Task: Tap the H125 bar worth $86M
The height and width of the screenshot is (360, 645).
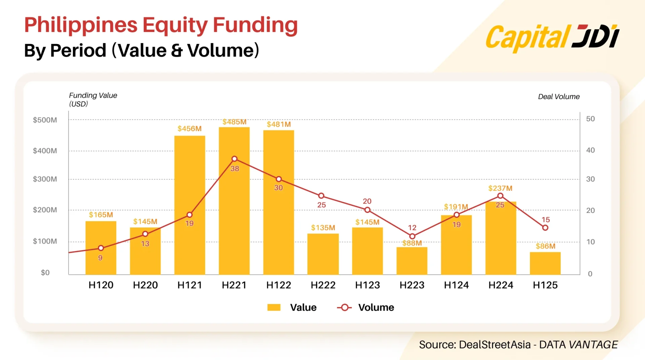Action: [x=545, y=263]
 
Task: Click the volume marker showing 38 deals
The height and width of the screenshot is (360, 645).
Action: [x=234, y=159]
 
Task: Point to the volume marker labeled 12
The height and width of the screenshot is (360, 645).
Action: [x=412, y=236]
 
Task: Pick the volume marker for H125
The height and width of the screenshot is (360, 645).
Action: [x=545, y=228]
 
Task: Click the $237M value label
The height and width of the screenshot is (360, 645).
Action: [x=500, y=188]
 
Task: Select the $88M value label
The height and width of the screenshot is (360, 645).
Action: [x=412, y=243]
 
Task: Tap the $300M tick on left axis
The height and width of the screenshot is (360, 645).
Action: [x=45, y=179]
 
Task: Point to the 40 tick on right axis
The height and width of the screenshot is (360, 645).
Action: [x=590, y=150]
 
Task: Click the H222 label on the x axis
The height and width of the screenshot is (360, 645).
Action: [x=323, y=285]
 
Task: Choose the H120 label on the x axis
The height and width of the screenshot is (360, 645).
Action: [x=101, y=285]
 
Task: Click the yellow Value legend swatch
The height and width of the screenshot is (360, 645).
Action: [x=274, y=307]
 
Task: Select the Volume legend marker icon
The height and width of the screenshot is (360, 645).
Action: [x=344, y=307]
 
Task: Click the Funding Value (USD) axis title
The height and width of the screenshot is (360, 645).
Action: [x=93, y=99]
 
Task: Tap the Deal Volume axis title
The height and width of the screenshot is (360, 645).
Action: [x=559, y=97]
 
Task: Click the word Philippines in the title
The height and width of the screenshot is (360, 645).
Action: [x=81, y=25]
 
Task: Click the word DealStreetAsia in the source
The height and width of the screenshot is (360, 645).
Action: [x=494, y=345]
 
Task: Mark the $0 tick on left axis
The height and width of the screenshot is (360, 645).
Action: [x=45, y=273]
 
